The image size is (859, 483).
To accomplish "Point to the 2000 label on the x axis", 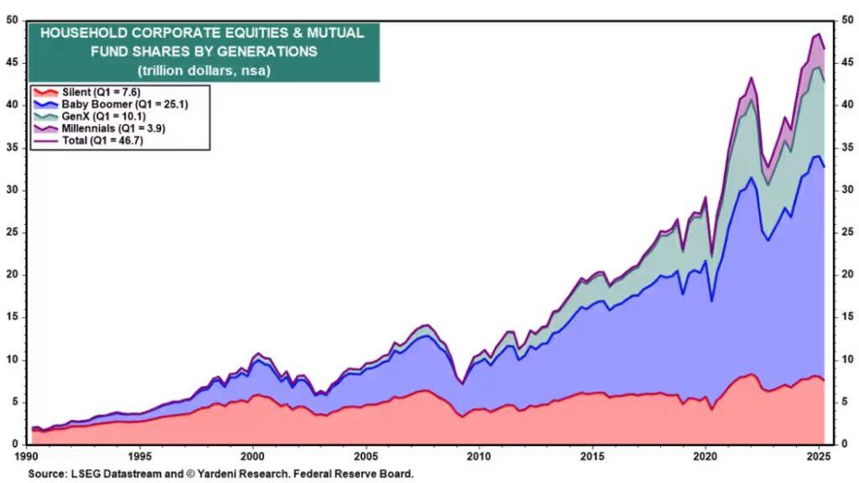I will (x=252, y=457).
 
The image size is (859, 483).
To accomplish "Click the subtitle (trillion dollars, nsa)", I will (x=203, y=70).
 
